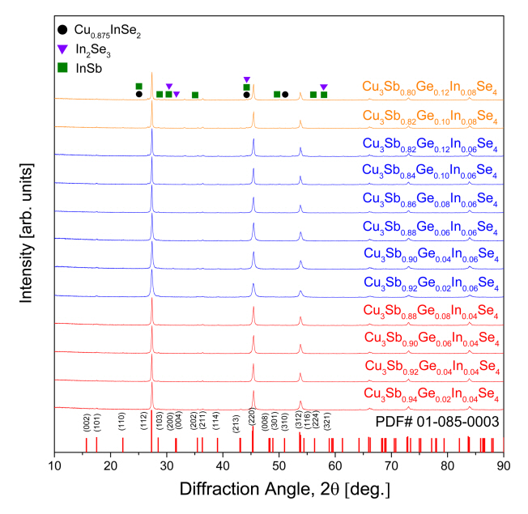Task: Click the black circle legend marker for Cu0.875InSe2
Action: pyautogui.click(x=63, y=29)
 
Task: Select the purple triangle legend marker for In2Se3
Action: pyautogui.click(x=63, y=49)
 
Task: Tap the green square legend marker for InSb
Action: pyautogui.click(x=63, y=67)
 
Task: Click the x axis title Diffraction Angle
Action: pyautogui.click(x=279, y=490)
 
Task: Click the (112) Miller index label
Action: pyautogui.click(x=143, y=421)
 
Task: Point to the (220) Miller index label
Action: pyautogui.click(x=253, y=421)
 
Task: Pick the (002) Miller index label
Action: pyautogui.click(x=87, y=421)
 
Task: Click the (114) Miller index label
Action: pyautogui.click(x=216, y=421)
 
